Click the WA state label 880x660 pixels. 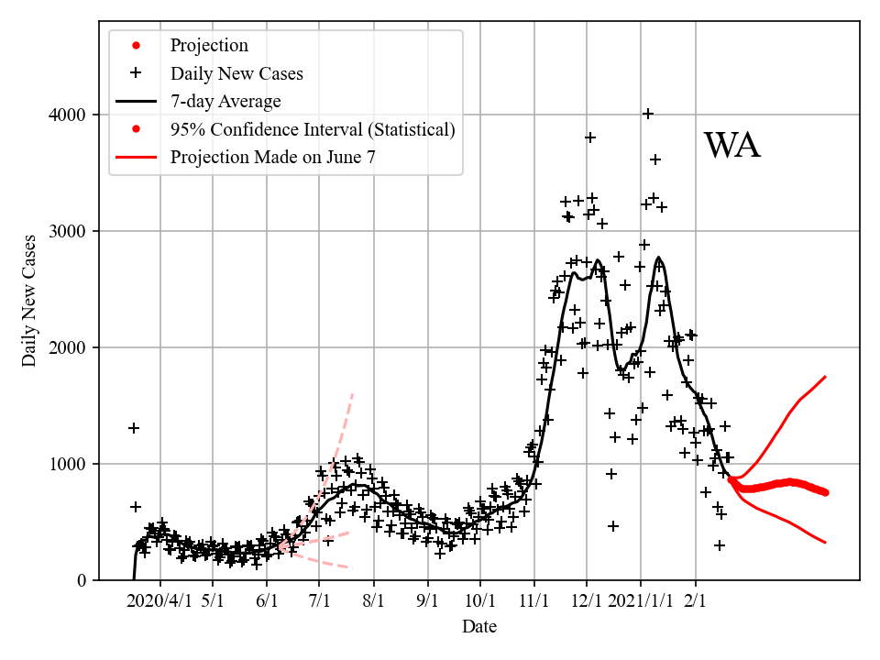point(731,147)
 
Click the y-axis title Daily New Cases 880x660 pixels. point(30,301)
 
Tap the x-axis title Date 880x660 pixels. point(479,627)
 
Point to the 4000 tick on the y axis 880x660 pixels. point(68,115)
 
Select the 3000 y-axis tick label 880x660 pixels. point(68,231)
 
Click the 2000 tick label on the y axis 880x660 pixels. point(68,347)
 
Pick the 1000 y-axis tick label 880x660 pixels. point(68,464)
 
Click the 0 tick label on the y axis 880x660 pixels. point(82,580)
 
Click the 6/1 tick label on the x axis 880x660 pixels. point(267,601)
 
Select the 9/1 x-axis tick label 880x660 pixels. point(427,601)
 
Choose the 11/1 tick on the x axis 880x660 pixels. point(533,601)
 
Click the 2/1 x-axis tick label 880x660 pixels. point(695,601)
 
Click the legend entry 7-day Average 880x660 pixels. point(225,101)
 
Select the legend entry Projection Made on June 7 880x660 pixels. point(272,157)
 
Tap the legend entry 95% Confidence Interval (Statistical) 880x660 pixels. point(313,129)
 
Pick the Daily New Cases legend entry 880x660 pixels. point(236,73)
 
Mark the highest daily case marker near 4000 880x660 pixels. point(648,114)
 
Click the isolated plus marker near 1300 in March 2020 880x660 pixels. point(134,428)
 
